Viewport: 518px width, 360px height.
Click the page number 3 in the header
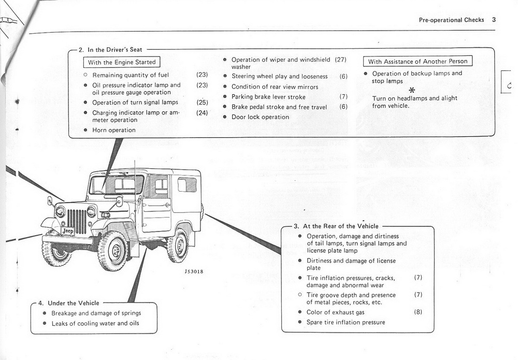point(494,20)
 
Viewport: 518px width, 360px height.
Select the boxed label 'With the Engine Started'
point(122,62)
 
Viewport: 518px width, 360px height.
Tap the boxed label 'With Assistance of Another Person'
point(418,61)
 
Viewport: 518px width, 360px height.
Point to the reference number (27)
point(340,60)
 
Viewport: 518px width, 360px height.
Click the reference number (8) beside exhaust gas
point(418,312)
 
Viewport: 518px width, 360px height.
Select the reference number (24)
point(202,112)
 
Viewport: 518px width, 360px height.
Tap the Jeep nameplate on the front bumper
point(67,231)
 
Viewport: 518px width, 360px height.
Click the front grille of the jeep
point(77,221)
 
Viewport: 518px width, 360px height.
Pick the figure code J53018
point(193,271)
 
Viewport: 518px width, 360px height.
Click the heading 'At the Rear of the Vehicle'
point(340,226)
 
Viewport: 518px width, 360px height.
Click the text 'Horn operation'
point(114,130)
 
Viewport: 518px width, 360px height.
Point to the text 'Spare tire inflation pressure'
point(346,322)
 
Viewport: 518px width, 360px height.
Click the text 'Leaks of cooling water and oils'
point(95,324)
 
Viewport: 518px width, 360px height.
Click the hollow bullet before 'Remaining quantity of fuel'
point(85,75)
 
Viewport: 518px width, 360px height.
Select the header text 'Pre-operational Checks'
point(451,20)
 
